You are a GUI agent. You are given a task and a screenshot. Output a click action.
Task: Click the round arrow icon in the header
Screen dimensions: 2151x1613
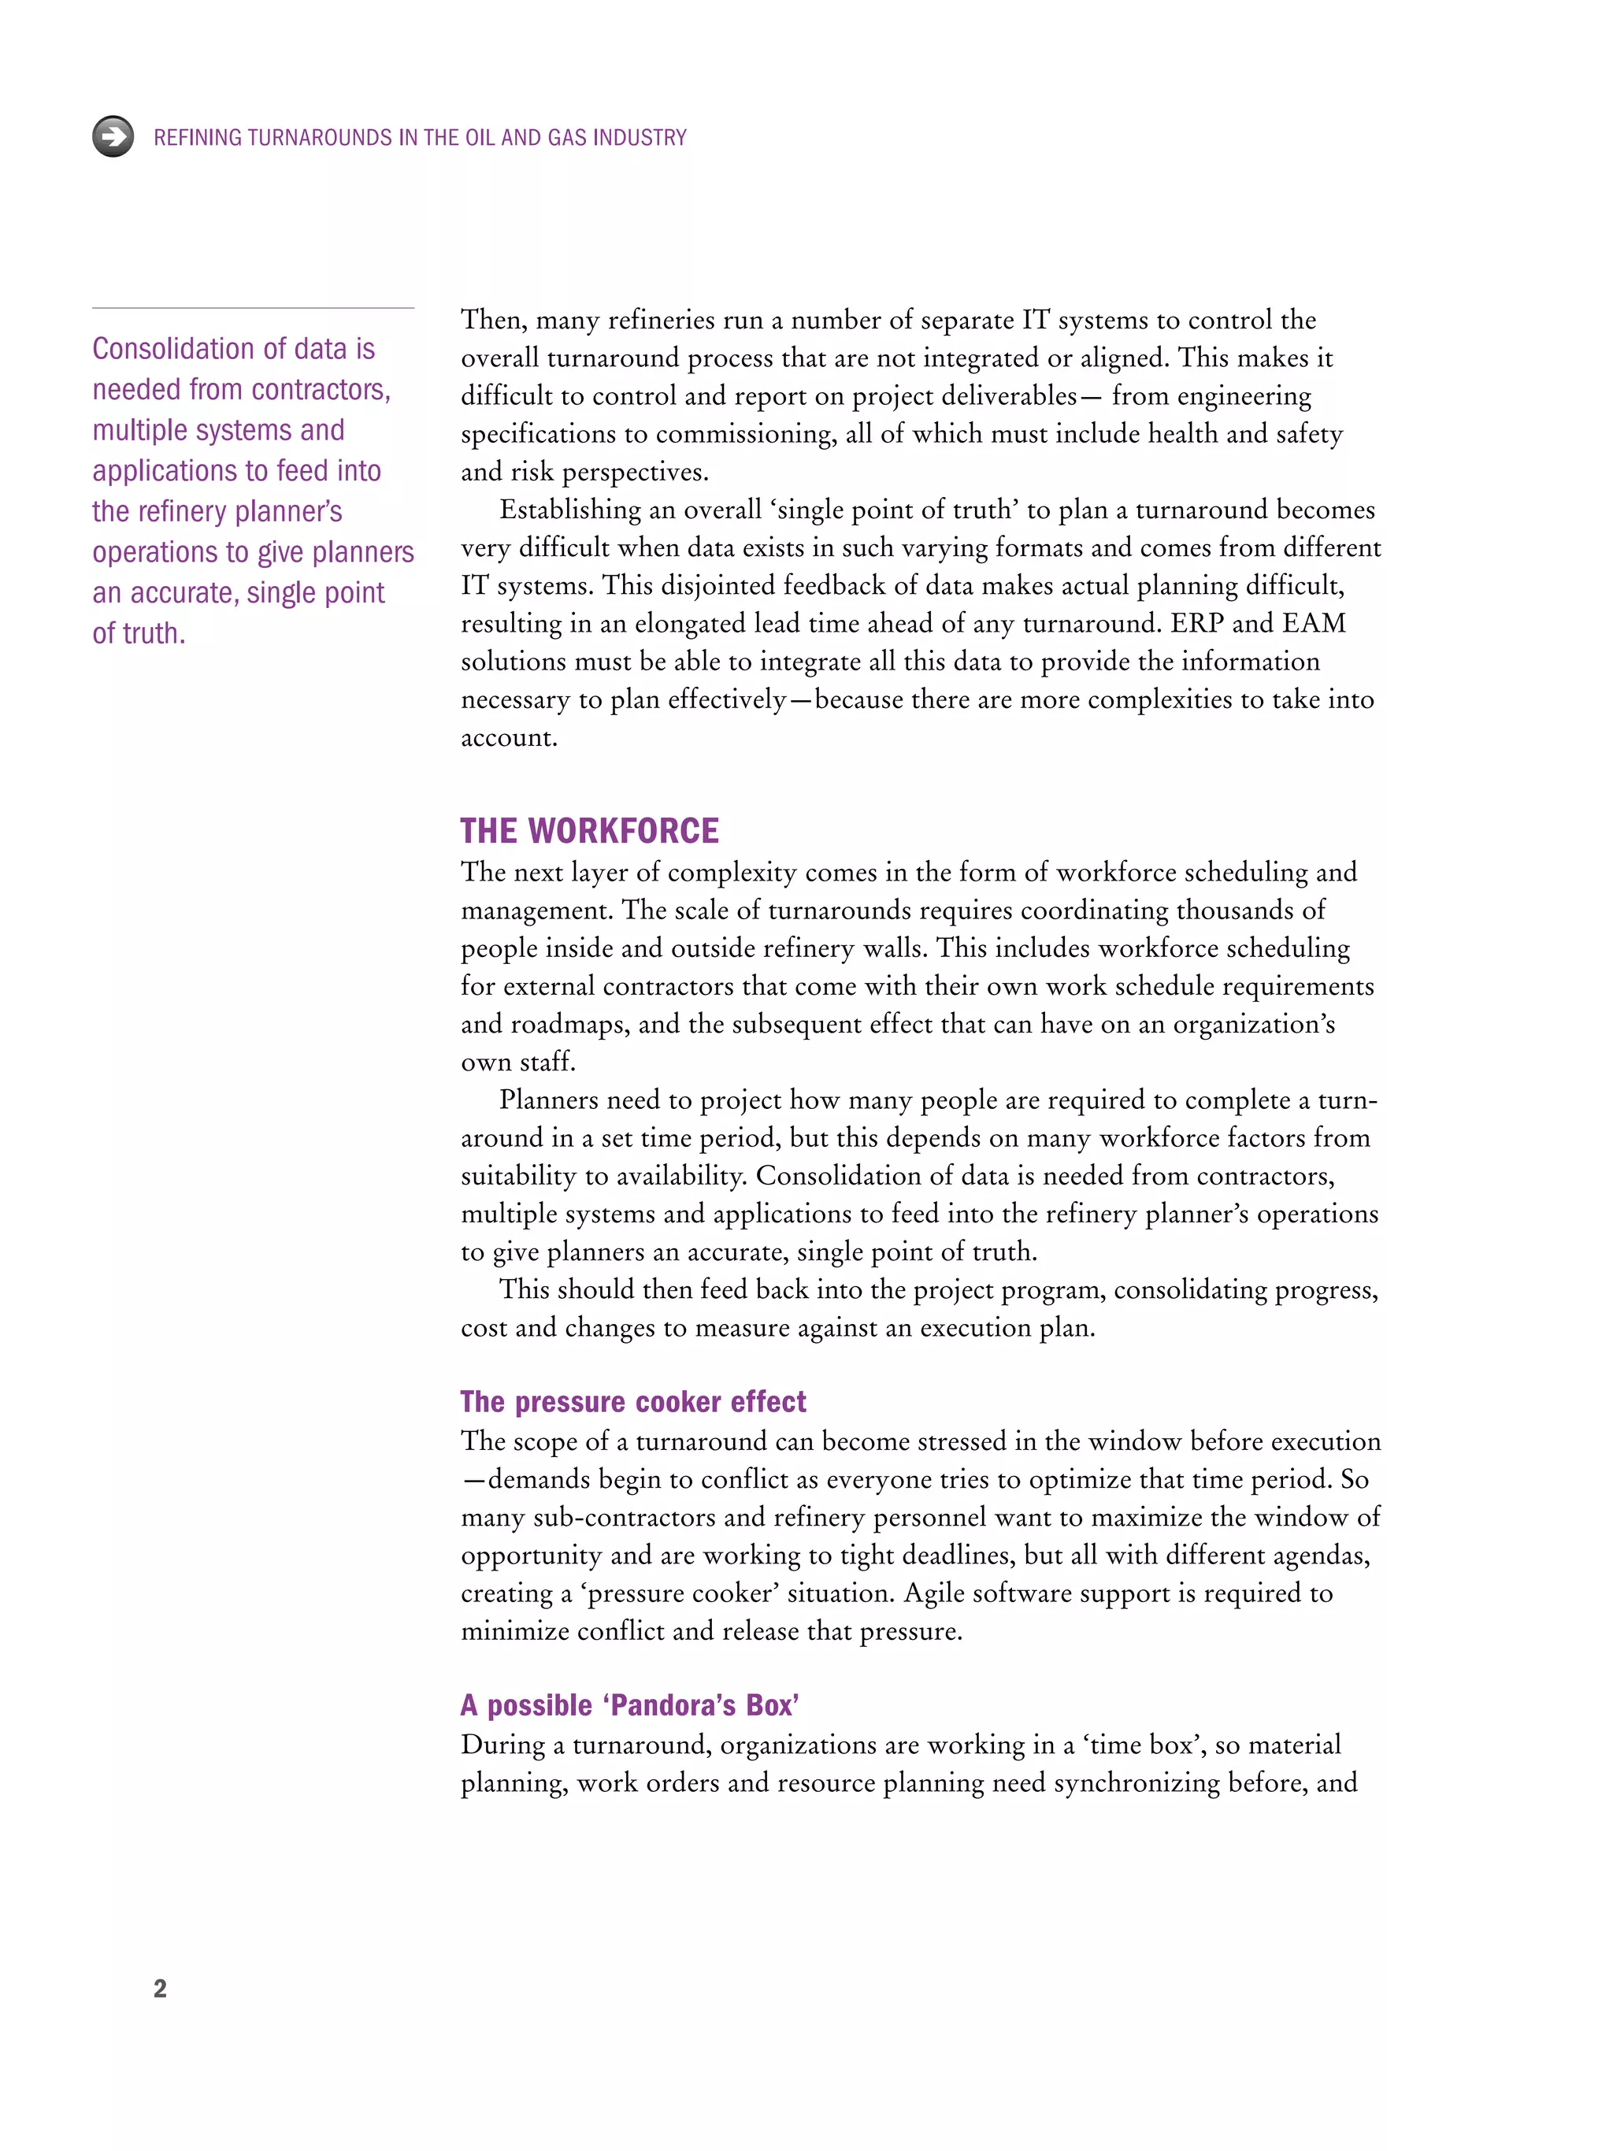[113, 136]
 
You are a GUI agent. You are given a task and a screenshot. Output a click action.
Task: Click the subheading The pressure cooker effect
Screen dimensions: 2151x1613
[633, 1401]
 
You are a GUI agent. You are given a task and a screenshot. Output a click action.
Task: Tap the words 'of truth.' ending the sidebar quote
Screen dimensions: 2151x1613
[138, 633]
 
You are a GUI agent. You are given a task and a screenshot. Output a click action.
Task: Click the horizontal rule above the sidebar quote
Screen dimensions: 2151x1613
[253, 308]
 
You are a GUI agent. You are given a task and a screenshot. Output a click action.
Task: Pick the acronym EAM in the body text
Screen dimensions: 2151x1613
[1314, 623]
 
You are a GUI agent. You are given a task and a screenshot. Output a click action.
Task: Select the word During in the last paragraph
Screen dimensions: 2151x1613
[502, 1745]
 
